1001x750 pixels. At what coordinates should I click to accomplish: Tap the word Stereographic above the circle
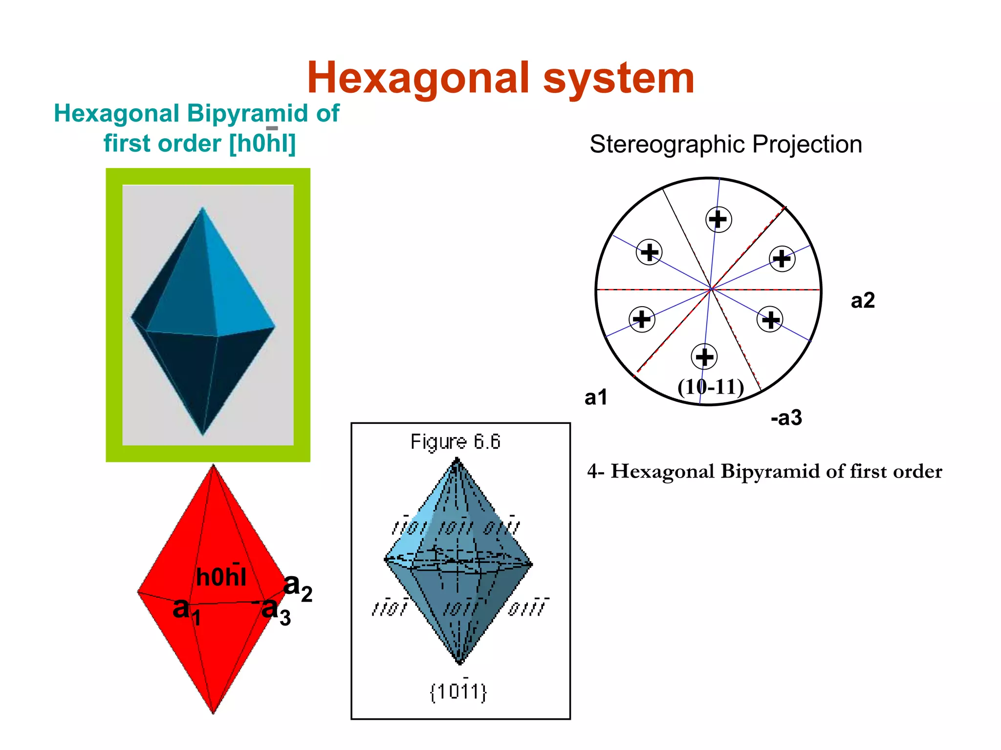[x=668, y=145]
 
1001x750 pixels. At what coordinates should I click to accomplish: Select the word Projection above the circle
[x=807, y=145]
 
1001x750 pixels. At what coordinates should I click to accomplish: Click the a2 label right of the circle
[x=863, y=300]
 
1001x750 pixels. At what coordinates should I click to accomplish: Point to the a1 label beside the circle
[x=596, y=397]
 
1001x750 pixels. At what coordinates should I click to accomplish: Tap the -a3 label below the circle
[x=786, y=418]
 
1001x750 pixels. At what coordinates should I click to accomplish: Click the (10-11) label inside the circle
[x=711, y=387]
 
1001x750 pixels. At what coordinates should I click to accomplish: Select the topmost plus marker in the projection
[x=718, y=219]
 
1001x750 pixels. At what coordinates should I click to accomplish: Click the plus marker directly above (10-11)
[x=704, y=357]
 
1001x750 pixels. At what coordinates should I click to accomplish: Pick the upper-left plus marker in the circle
[x=650, y=252]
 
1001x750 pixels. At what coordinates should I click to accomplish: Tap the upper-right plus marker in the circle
[x=782, y=259]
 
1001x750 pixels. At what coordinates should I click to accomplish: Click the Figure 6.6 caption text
[x=456, y=442]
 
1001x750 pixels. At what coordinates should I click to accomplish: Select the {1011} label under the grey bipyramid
[x=458, y=692]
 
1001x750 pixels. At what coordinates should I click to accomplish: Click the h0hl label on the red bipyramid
[x=221, y=577]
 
